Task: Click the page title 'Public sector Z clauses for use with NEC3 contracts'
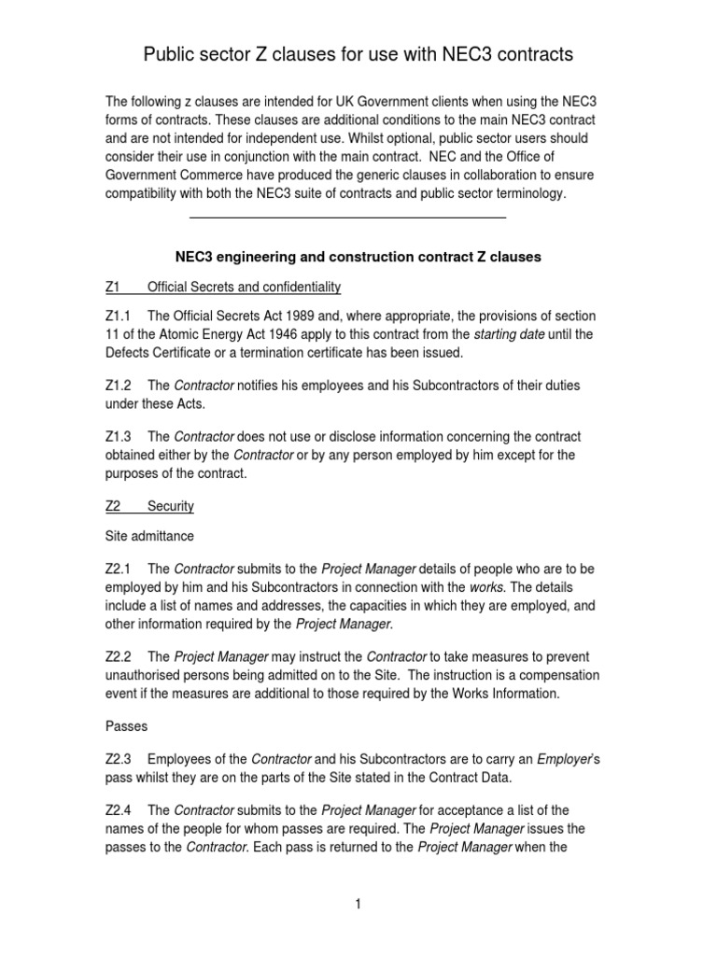tap(358, 56)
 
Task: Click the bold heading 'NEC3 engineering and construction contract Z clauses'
tap(358, 256)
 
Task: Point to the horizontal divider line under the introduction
tap(347, 217)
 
